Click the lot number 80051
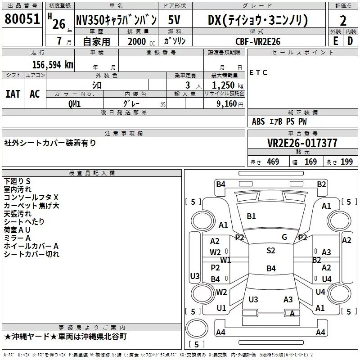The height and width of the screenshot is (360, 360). point(22,19)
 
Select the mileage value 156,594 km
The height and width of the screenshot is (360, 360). point(53,64)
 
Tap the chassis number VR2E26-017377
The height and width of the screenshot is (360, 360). point(302,143)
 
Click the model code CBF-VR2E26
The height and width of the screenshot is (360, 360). point(258,41)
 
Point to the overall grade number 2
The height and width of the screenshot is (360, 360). point(343,21)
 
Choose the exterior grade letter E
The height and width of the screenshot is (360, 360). point(336,41)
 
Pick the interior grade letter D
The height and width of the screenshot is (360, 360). point(350,41)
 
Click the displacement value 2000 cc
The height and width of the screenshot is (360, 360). point(141,42)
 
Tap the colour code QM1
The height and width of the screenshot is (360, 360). point(74,104)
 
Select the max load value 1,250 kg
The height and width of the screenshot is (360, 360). point(228,85)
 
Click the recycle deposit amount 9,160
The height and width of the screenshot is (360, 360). point(227,103)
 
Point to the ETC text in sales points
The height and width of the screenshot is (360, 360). point(258,72)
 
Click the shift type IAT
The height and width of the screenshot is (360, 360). point(13,94)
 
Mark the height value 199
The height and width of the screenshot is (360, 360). point(346,162)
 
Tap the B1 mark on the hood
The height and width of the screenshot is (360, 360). point(251,216)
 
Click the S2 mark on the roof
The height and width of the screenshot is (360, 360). point(271,250)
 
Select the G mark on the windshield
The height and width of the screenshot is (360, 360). point(284,237)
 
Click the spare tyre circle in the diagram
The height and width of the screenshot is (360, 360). point(197,328)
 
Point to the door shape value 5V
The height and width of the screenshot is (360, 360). point(174,20)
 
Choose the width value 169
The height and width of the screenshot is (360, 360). point(310,162)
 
